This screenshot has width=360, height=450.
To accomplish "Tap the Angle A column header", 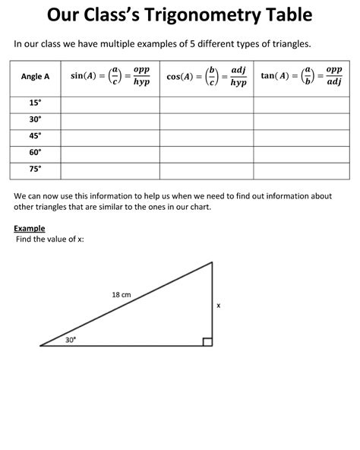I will point(36,77).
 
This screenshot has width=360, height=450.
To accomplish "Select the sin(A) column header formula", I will point(109,76).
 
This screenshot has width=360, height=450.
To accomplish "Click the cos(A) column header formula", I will point(206,77).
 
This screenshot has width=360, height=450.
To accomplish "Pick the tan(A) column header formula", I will point(302,76).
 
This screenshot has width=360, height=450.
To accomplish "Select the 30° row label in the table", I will point(36,120).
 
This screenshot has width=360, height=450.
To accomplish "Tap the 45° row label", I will point(36,137).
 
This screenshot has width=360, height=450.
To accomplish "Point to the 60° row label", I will point(36,153).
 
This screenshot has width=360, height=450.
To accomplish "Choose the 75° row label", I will point(36,170).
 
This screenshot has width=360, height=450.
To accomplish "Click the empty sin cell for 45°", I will point(109,137).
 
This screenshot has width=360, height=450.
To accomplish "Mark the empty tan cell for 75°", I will point(302,170).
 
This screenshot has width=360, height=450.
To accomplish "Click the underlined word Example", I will point(30,228).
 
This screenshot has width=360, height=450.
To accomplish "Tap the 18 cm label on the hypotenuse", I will point(122,294).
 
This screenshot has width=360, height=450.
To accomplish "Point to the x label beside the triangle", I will point(219,306).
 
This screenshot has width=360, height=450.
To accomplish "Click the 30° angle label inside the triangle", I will point(71,340).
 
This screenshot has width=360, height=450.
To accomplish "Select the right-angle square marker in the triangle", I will point(207,341).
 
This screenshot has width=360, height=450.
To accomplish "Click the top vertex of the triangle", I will point(212,262).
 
